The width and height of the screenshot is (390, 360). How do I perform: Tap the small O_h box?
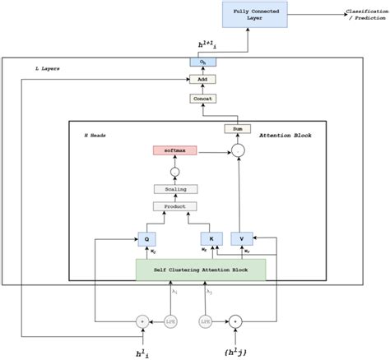[x=202, y=62]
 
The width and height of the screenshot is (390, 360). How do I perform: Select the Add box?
[x=202, y=79]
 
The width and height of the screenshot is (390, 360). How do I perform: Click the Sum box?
[x=237, y=130]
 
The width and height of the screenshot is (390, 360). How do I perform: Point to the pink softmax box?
[x=174, y=150]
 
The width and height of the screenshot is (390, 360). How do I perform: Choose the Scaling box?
[x=174, y=189]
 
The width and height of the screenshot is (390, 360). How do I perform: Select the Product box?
[x=174, y=205]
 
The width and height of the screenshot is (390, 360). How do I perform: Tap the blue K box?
[x=211, y=239]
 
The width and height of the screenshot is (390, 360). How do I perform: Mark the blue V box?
[x=242, y=239]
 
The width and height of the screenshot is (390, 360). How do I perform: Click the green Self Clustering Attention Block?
[x=202, y=270]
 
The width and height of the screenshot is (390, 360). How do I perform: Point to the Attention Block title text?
[x=281, y=135]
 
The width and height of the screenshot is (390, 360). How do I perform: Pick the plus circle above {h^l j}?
[x=235, y=321]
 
